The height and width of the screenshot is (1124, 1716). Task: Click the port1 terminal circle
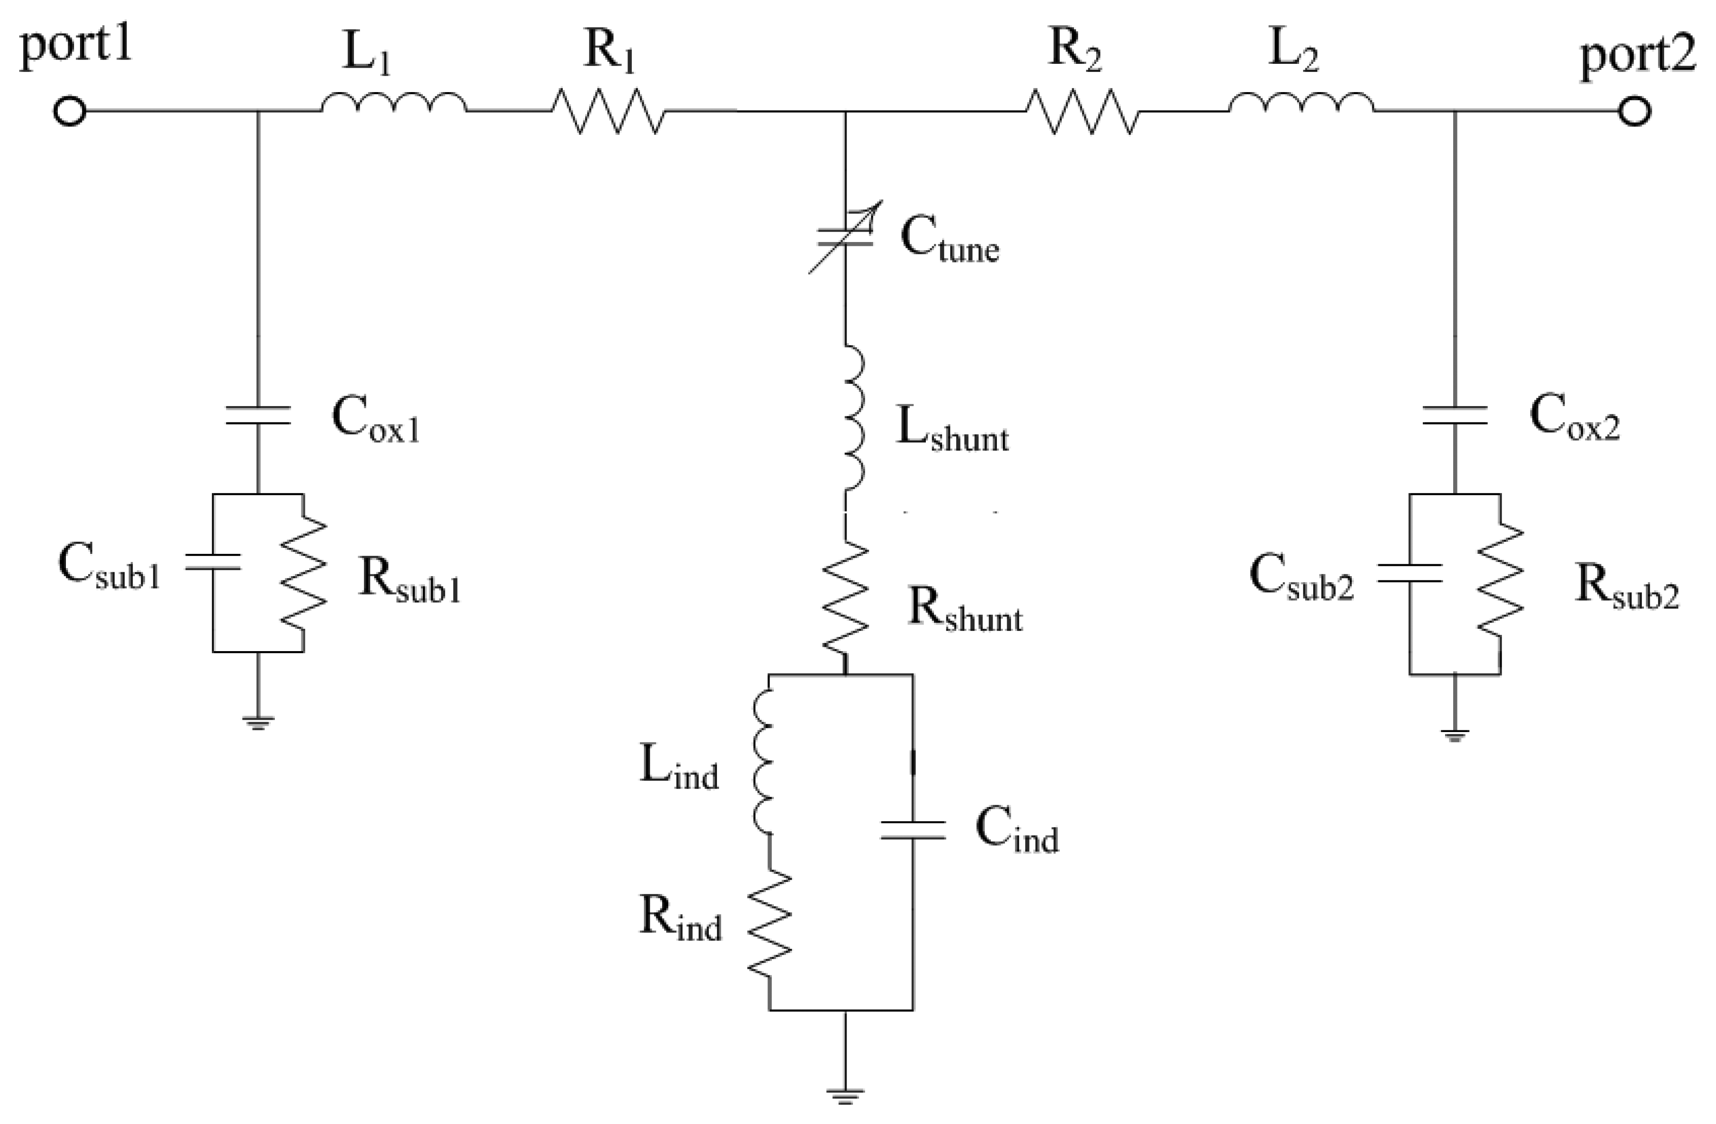tap(70, 112)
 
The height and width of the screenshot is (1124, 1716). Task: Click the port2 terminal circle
tap(1635, 112)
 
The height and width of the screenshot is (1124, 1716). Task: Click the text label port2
tap(1637, 58)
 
